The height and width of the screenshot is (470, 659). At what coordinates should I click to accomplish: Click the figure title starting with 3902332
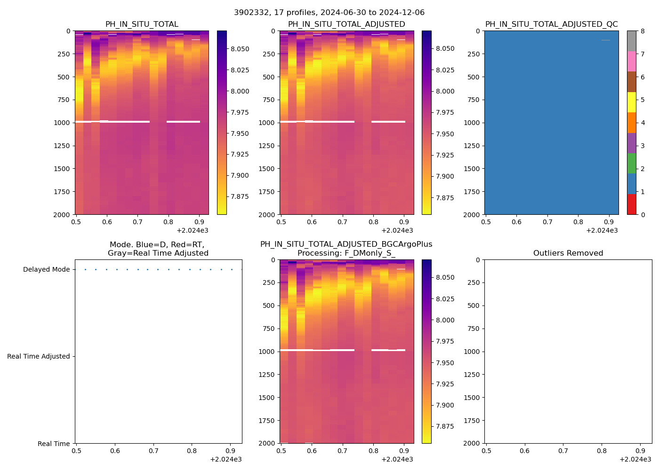pos(329,13)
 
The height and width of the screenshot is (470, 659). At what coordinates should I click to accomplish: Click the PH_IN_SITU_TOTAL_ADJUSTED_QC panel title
pos(551,24)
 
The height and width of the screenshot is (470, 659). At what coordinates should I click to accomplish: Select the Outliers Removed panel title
pos(568,253)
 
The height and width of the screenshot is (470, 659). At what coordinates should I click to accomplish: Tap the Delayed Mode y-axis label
pos(46,270)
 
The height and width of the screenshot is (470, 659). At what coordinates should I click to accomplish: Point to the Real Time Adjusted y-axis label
pos(38,357)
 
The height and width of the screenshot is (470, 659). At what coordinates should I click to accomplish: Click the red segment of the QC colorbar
pos(631,204)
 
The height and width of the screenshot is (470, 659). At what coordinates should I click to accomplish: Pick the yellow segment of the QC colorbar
pos(631,102)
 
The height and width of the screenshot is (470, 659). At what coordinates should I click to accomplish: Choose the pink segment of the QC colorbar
pos(631,61)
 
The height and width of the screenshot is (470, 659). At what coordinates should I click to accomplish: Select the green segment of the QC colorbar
pos(631,163)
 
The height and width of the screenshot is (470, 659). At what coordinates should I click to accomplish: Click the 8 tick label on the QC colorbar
pos(643,31)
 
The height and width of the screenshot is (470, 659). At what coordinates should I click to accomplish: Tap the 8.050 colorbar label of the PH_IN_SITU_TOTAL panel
pos(240,49)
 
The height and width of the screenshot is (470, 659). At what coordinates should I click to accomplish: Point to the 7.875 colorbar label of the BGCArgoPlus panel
pos(444,427)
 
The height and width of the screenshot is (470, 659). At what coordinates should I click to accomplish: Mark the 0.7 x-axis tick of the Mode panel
pos(153,451)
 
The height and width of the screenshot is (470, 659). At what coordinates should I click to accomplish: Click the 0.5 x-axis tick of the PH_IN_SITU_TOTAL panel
pos(76,222)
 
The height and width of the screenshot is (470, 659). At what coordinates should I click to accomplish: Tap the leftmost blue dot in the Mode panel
pos(85,270)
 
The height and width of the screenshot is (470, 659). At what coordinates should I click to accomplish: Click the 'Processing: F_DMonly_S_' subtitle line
pos(346,253)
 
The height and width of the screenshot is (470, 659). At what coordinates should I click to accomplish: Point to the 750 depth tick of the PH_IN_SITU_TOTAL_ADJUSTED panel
pos(269,100)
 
